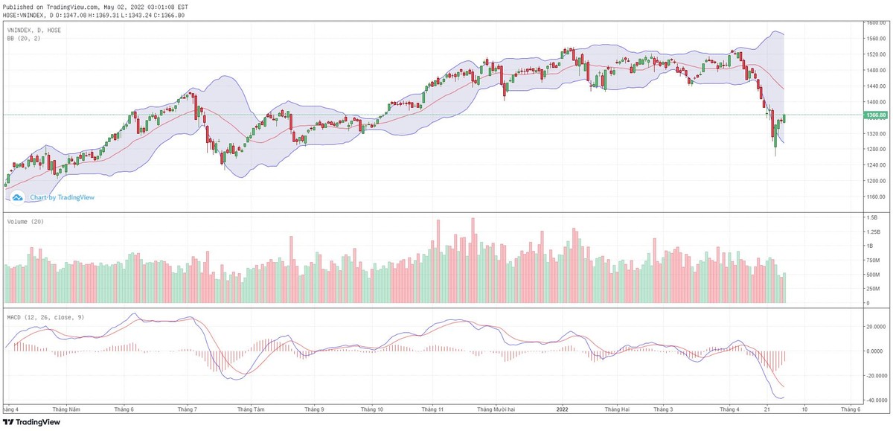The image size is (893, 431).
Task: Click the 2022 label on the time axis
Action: [x=563, y=409]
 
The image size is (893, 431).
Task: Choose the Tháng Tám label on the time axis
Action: [x=252, y=409]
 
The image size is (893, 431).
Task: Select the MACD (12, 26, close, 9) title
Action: [x=45, y=317]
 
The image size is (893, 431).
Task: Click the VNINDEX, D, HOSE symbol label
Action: [x=34, y=31]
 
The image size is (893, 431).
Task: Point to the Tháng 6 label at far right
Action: [x=850, y=409]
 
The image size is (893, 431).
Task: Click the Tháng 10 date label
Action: [x=371, y=409]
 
